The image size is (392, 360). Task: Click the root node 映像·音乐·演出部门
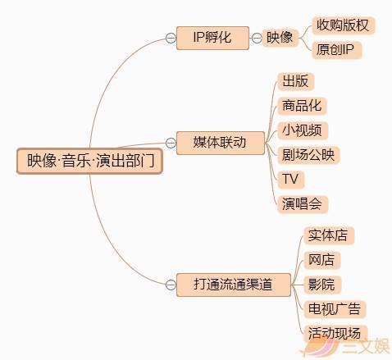click(x=90, y=161)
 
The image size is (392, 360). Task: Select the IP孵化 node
click(x=212, y=38)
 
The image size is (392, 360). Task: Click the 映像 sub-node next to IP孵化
click(x=280, y=38)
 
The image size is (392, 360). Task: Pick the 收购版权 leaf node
click(x=343, y=25)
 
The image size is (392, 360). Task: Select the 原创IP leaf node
click(x=336, y=51)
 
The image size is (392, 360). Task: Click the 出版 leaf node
click(x=295, y=81)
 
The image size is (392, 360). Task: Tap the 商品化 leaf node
click(x=302, y=106)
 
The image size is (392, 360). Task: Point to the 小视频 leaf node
click(x=302, y=130)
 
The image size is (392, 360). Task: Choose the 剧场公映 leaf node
click(x=308, y=155)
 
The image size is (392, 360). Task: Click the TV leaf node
click(x=289, y=179)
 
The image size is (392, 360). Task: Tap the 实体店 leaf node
click(x=327, y=236)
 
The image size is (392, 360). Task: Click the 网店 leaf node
click(x=321, y=261)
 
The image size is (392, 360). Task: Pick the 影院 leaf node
click(x=321, y=285)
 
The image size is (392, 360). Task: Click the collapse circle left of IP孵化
click(x=170, y=38)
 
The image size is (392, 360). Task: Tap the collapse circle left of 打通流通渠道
click(x=170, y=285)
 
